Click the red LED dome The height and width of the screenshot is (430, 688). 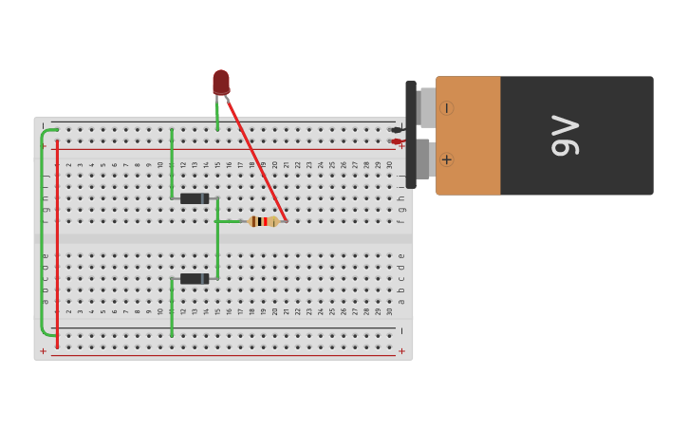coord(221,82)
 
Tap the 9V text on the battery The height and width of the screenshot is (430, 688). coord(565,135)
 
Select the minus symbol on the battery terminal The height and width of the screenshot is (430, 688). coord(446,108)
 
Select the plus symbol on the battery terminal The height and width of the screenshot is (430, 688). coord(446,159)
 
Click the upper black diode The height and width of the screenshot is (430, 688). coord(195,198)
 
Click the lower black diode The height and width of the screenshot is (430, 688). coord(195,279)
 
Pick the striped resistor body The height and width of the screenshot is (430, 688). coord(263,221)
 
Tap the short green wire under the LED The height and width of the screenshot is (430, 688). coord(217,114)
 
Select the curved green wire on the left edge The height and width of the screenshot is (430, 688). coord(43,233)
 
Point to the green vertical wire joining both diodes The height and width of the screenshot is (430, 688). coord(217,242)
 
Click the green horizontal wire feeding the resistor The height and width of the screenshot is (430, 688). coord(230,221)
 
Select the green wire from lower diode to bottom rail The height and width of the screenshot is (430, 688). coord(172,308)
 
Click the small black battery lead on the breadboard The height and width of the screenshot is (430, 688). coord(395,130)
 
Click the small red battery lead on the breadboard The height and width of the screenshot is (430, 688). coord(395,141)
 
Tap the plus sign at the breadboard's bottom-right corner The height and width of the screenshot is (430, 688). coord(401,350)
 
